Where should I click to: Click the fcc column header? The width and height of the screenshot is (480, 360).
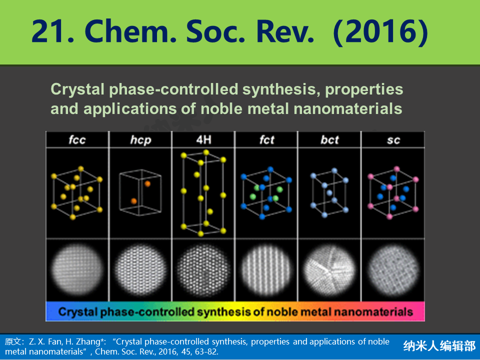tap(77, 140)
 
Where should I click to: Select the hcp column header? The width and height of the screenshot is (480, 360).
tap(140, 140)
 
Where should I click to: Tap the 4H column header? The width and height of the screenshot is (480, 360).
tap(203, 140)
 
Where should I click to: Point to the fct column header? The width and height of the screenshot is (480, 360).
tap(266, 140)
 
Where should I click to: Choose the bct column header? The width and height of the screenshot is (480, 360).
tap(329, 140)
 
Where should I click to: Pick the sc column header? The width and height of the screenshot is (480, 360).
tap(393, 140)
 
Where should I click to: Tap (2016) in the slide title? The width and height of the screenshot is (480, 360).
tap(380, 32)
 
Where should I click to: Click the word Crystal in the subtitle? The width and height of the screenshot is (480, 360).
tap(78, 89)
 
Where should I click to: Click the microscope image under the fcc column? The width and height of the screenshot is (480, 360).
tap(77, 269)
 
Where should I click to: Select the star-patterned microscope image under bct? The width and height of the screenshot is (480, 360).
tap(329, 269)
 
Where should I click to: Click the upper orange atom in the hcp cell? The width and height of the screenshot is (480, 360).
tap(147, 183)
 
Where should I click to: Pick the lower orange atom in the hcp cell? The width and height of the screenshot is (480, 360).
tap(134, 201)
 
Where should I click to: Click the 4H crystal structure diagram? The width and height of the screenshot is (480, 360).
tap(203, 193)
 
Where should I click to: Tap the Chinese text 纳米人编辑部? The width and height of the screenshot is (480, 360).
tap(439, 346)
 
